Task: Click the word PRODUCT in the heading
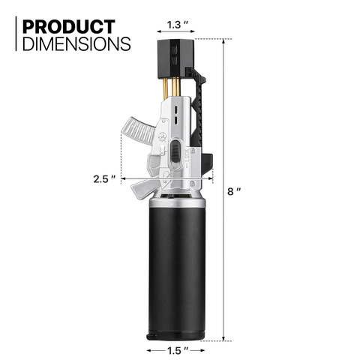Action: click(x=69, y=26)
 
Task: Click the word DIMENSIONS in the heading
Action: click(x=76, y=44)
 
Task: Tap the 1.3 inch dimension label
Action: click(x=178, y=25)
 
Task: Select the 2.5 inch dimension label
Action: click(x=104, y=179)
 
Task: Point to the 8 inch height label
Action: click(x=234, y=191)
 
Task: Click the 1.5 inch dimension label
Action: click(x=178, y=351)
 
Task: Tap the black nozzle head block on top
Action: click(x=175, y=58)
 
